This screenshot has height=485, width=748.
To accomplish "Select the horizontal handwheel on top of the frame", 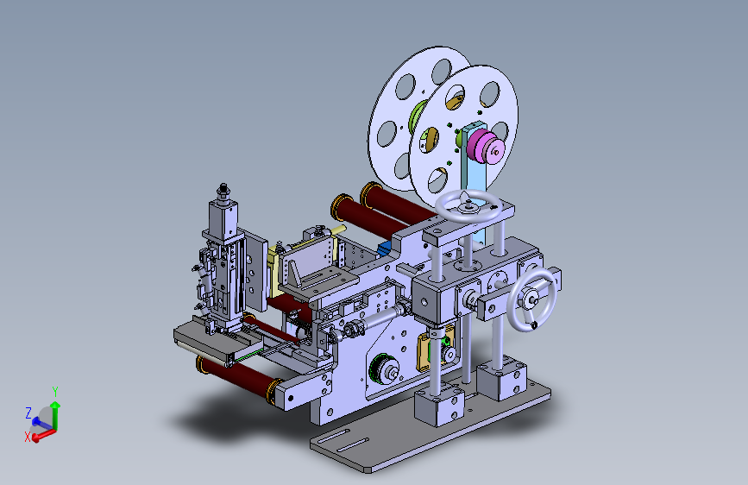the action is (468, 206).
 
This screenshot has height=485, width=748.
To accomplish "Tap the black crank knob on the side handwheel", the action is (534, 325).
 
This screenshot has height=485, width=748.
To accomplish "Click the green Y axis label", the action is (55, 392).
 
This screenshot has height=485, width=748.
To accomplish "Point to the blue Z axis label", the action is (28, 413).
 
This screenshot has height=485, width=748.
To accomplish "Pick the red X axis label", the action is (28, 437).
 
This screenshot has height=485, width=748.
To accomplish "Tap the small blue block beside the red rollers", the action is (385, 249).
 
